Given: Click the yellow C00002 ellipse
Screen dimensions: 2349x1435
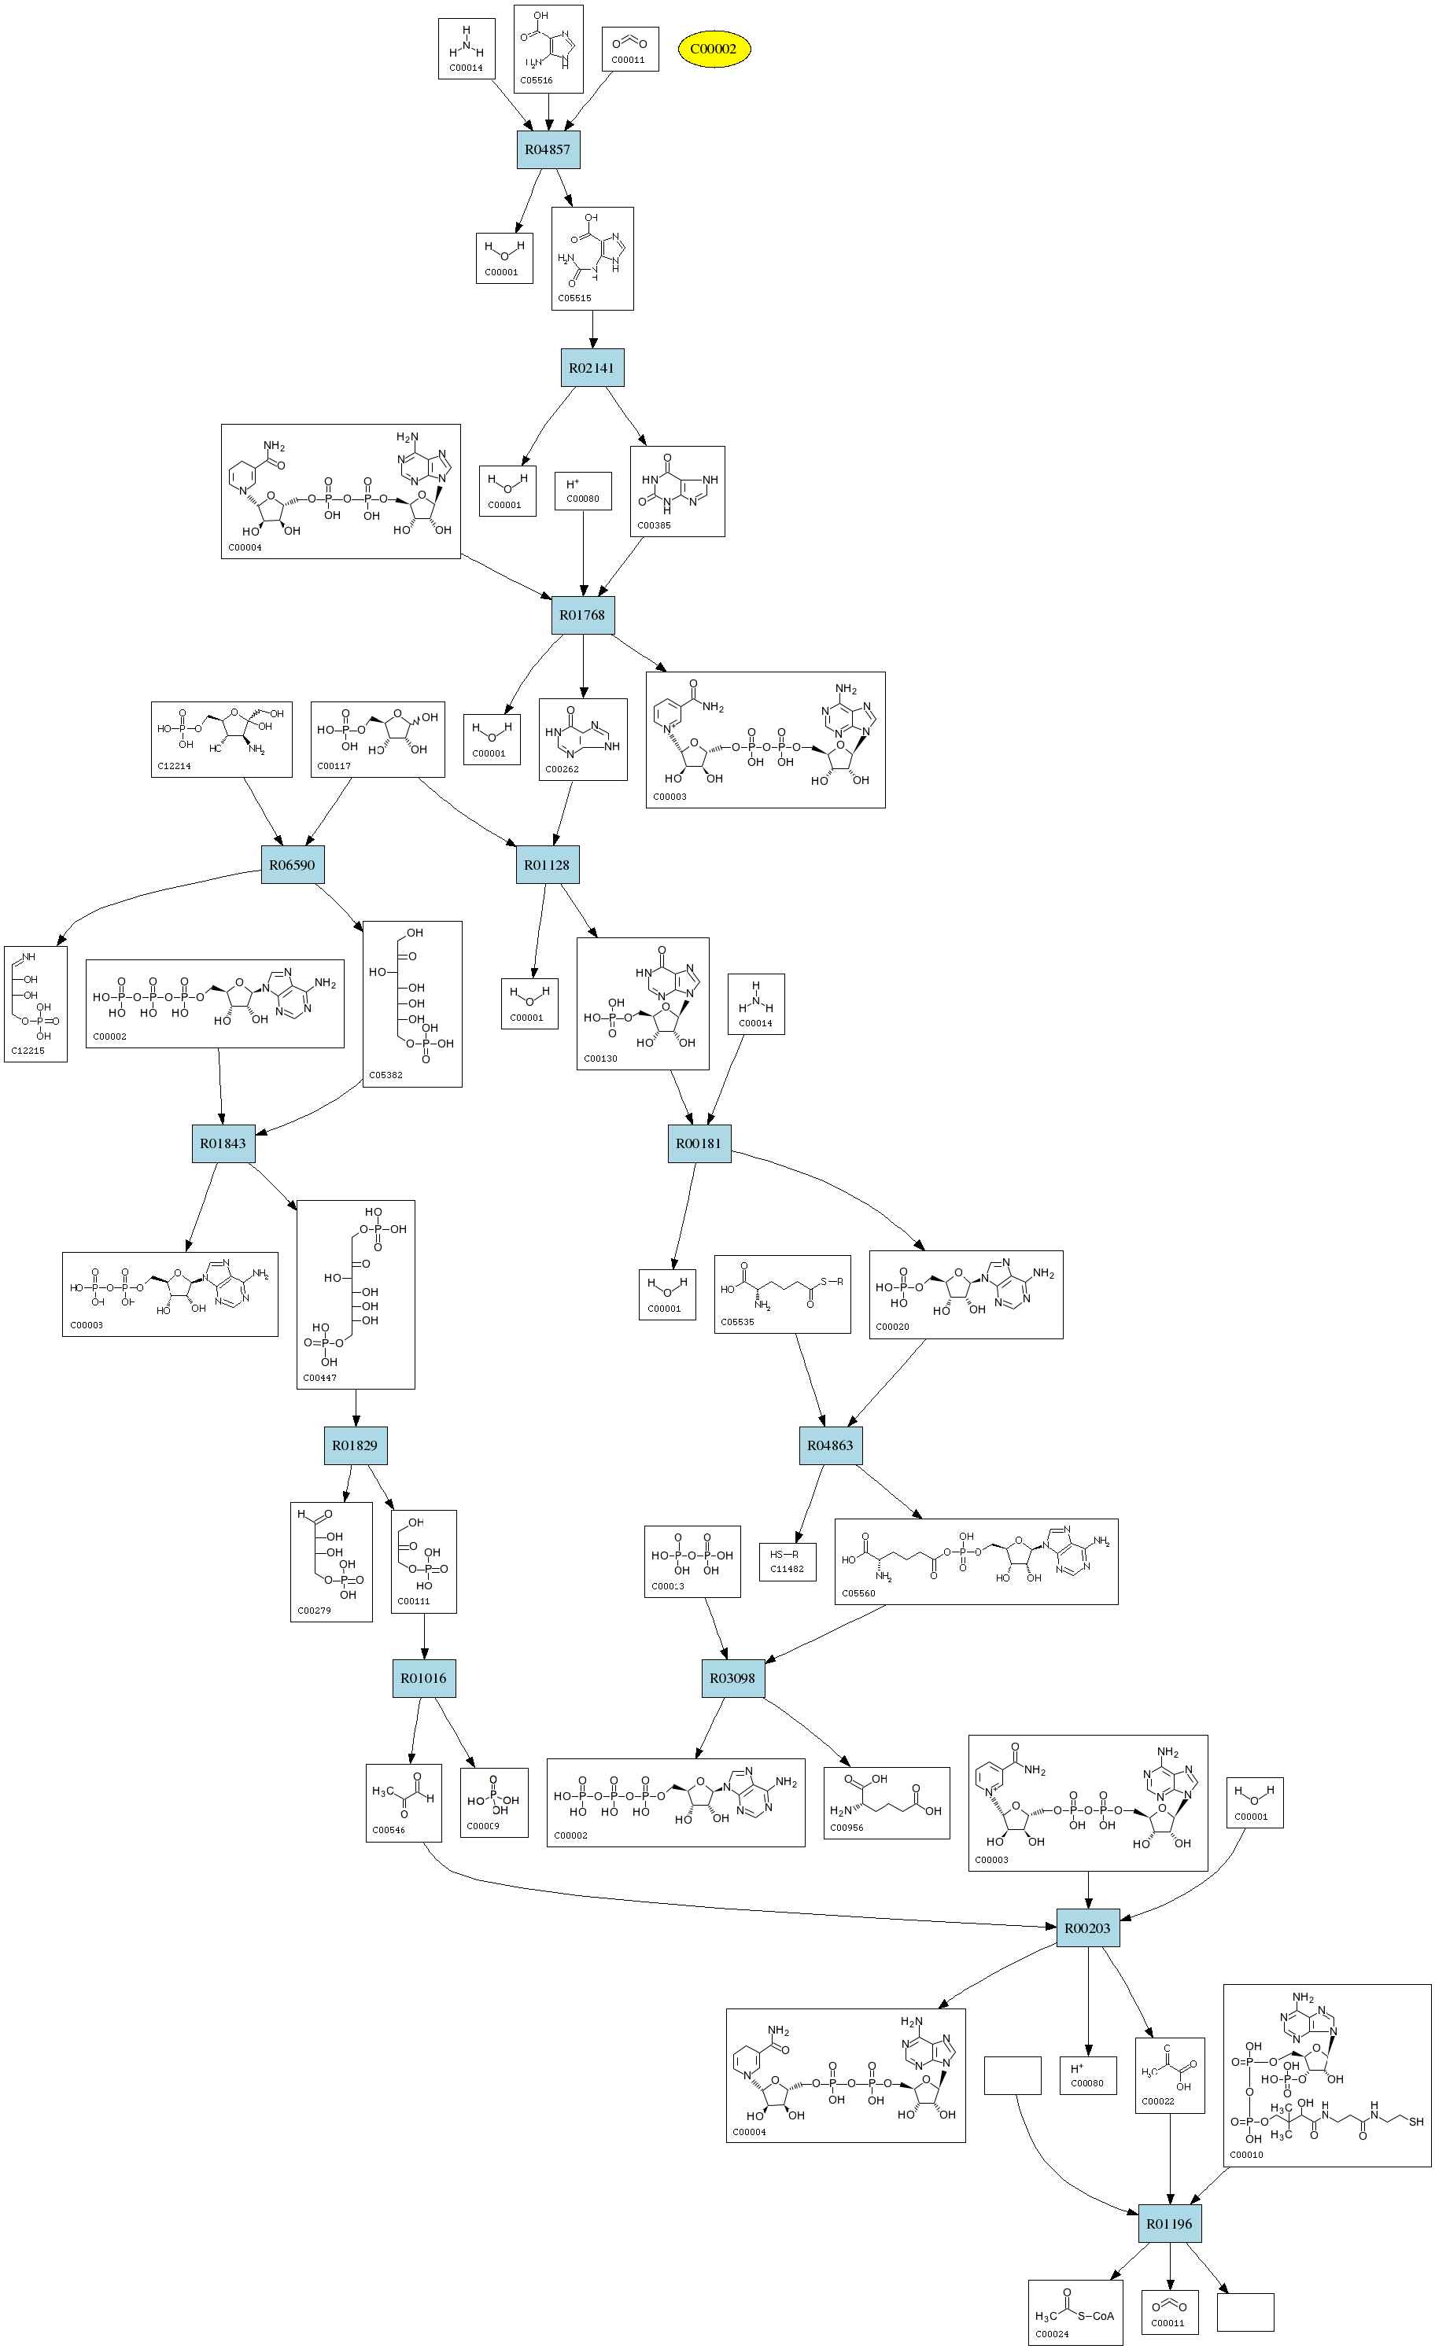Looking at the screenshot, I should point(714,49).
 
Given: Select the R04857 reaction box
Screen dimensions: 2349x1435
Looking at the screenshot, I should point(548,149).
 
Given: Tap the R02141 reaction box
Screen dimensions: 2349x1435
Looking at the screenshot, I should point(592,368).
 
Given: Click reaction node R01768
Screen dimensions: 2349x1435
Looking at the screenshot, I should point(583,615).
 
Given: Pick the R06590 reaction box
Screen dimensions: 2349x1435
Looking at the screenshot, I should point(292,865).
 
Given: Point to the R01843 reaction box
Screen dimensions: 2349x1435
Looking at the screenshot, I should point(223,1143).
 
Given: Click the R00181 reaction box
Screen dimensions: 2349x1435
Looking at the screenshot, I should point(699,1143).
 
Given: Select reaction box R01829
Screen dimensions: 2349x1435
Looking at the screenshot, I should point(355,1445).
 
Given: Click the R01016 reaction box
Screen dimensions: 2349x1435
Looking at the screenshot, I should point(423,1678).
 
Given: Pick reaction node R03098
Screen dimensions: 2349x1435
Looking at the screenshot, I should point(732,1678).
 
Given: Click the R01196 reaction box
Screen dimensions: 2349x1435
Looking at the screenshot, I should point(1170,2224).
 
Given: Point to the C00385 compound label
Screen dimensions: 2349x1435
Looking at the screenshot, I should point(654,525).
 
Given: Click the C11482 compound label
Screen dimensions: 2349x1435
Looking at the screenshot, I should point(787,1569).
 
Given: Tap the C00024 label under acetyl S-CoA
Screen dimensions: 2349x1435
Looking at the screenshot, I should point(1052,2334).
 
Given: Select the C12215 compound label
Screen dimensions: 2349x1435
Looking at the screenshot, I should point(28,1051).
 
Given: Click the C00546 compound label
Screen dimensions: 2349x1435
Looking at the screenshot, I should point(388,1829).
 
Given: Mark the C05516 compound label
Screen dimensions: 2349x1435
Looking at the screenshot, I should point(536,81).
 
